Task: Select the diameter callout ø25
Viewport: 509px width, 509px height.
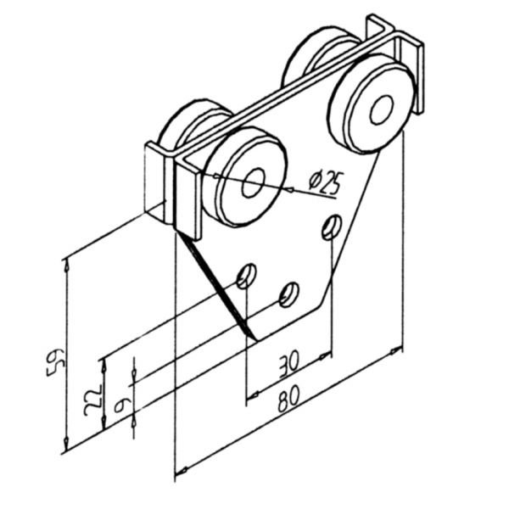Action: tap(327, 181)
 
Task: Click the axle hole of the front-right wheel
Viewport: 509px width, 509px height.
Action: tap(382, 109)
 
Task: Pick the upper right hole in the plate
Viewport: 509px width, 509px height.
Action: tap(331, 227)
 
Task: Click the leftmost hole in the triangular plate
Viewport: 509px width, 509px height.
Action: tap(246, 276)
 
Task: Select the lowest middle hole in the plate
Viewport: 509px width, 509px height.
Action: tap(288, 294)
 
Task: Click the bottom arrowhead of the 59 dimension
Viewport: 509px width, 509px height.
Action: tap(66, 446)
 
